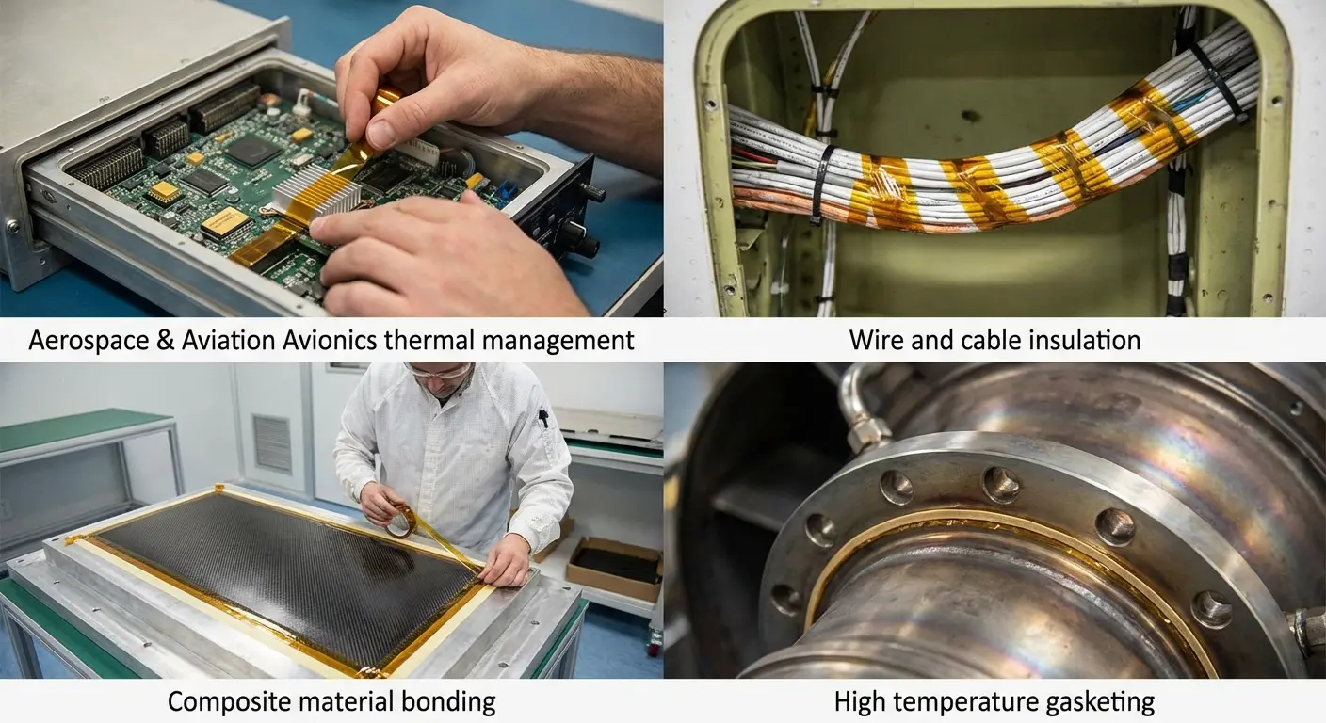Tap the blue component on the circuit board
click(x=507, y=191)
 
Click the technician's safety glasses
click(x=439, y=370)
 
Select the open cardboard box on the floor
click(x=614, y=568)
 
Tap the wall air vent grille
click(x=272, y=443)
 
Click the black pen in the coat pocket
click(x=543, y=418)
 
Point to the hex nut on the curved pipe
click(x=869, y=434)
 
